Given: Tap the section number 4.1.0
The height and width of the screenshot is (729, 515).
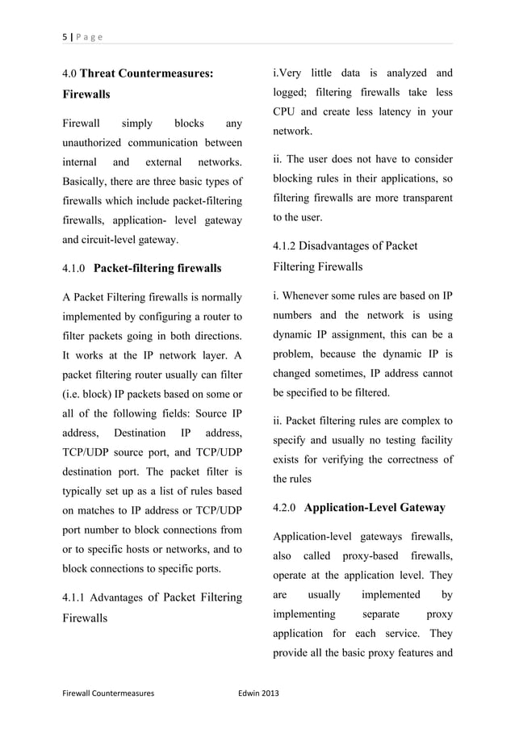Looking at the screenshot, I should click(75, 268).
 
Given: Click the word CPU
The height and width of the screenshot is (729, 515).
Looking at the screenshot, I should click(287, 111).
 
